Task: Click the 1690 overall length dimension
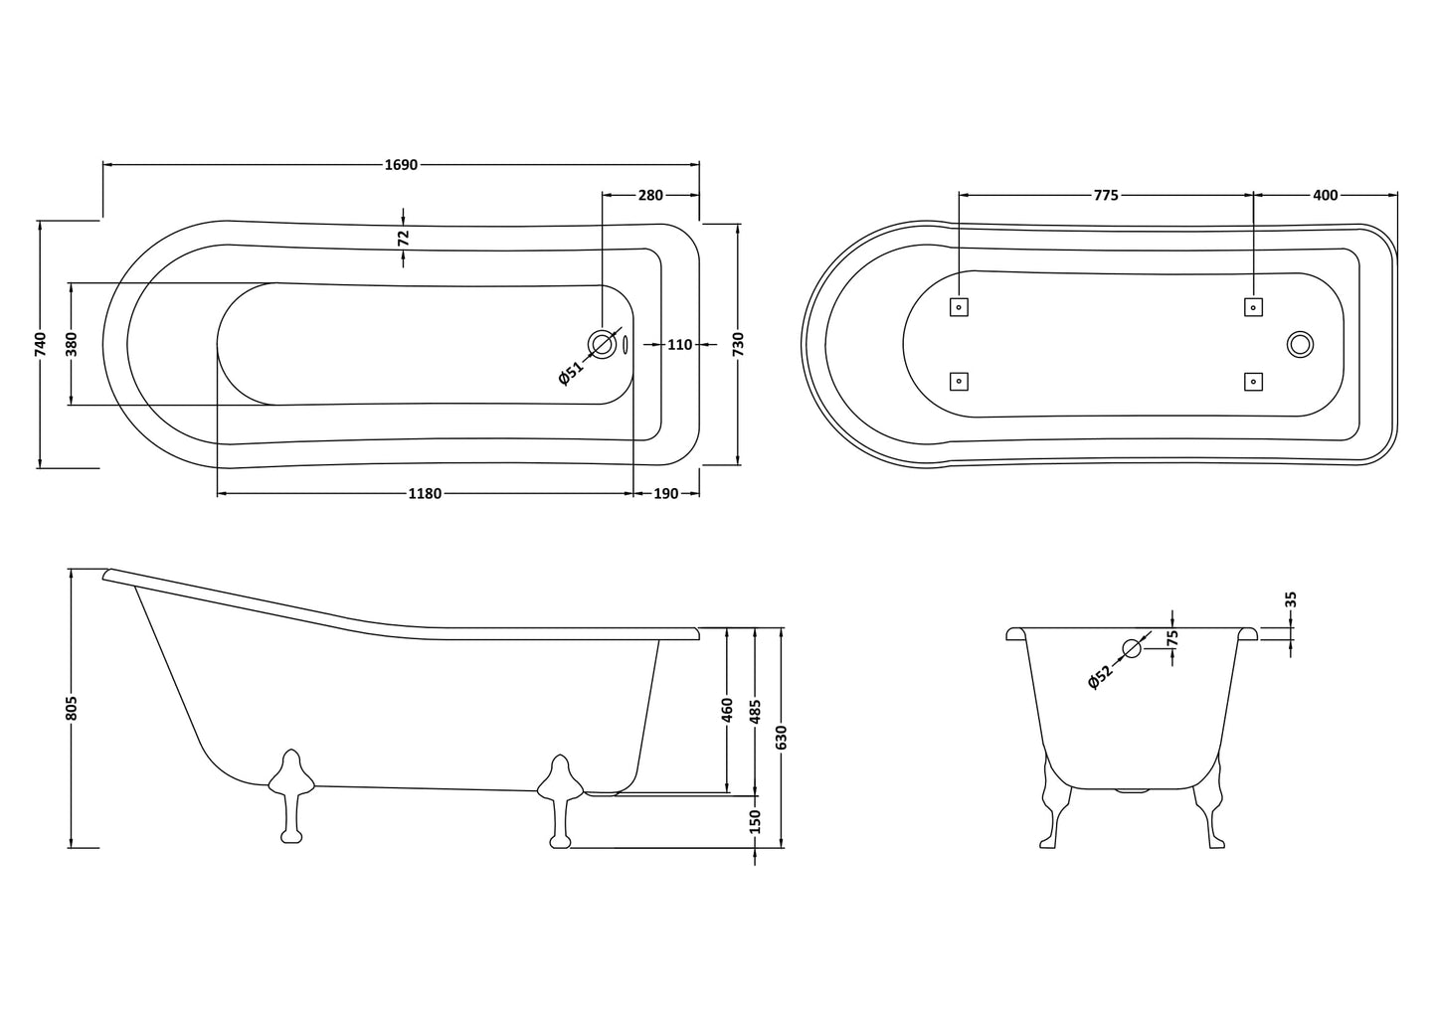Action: (x=401, y=165)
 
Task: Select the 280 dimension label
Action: (x=650, y=195)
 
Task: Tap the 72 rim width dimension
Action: (x=403, y=238)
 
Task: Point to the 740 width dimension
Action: (x=40, y=343)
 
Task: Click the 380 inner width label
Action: (x=71, y=343)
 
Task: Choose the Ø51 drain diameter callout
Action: (x=571, y=373)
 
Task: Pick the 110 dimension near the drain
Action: (x=679, y=345)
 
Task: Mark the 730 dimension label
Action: (x=738, y=343)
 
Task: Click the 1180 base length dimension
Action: (x=425, y=494)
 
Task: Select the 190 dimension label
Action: (x=666, y=494)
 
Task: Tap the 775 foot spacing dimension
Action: (x=1106, y=195)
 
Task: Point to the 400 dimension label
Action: (x=1326, y=195)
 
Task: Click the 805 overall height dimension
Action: (x=71, y=708)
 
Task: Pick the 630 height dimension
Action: (x=782, y=737)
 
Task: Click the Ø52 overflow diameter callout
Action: (x=1100, y=676)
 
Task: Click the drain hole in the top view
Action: (x=603, y=344)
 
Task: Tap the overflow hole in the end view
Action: (x=1132, y=649)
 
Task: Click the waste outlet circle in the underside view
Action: (x=1300, y=344)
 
